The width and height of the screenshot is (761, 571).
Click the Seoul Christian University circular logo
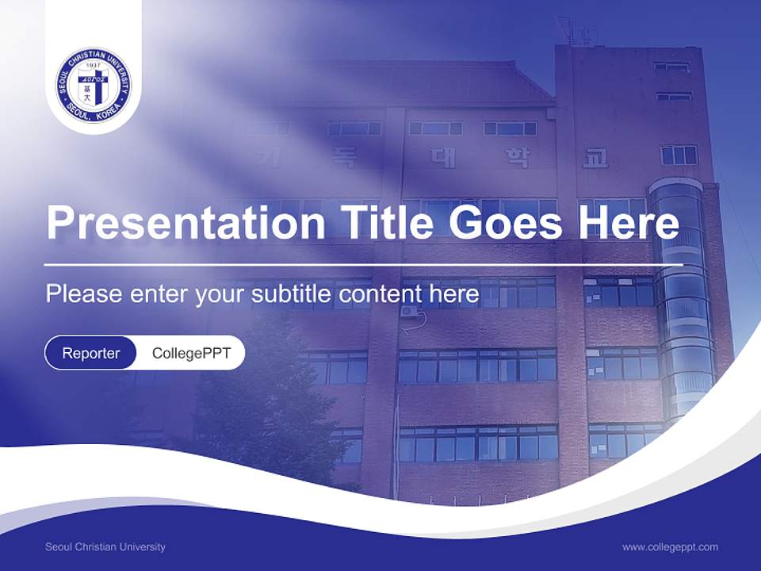(94, 84)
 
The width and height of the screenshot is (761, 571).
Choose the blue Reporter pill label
(91, 353)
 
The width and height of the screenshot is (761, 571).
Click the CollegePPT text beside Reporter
(191, 353)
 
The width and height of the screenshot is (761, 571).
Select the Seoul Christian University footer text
(105, 547)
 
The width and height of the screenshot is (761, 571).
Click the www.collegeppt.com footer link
(670, 547)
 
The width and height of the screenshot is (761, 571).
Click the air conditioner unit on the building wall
(409, 312)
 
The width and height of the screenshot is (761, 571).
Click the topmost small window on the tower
(672, 67)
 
